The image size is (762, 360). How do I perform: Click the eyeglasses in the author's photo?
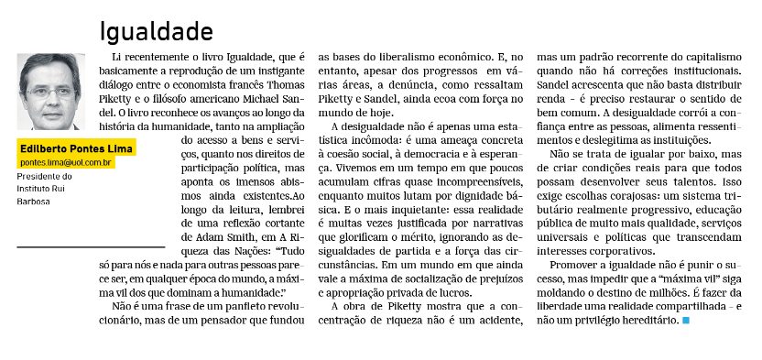click(50, 92)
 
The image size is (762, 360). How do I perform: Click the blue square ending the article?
click(686, 322)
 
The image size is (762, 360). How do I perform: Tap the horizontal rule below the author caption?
click(91, 246)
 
